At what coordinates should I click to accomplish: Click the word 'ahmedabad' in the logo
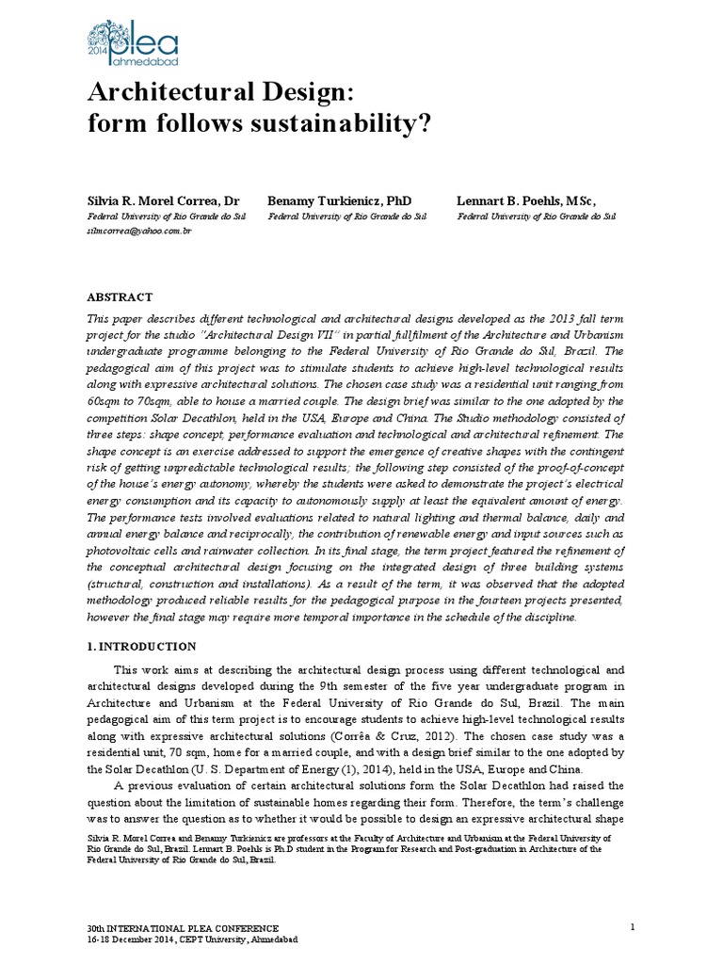[x=143, y=61]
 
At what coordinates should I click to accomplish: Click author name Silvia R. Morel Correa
[x=156, y=201]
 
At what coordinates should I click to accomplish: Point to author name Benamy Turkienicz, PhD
[x=339, y=201]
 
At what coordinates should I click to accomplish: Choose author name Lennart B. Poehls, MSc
[x=526, y=201]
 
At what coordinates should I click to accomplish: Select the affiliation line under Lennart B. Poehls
[x=536, y=216]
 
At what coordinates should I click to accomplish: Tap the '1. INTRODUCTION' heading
[x=141, y=647]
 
